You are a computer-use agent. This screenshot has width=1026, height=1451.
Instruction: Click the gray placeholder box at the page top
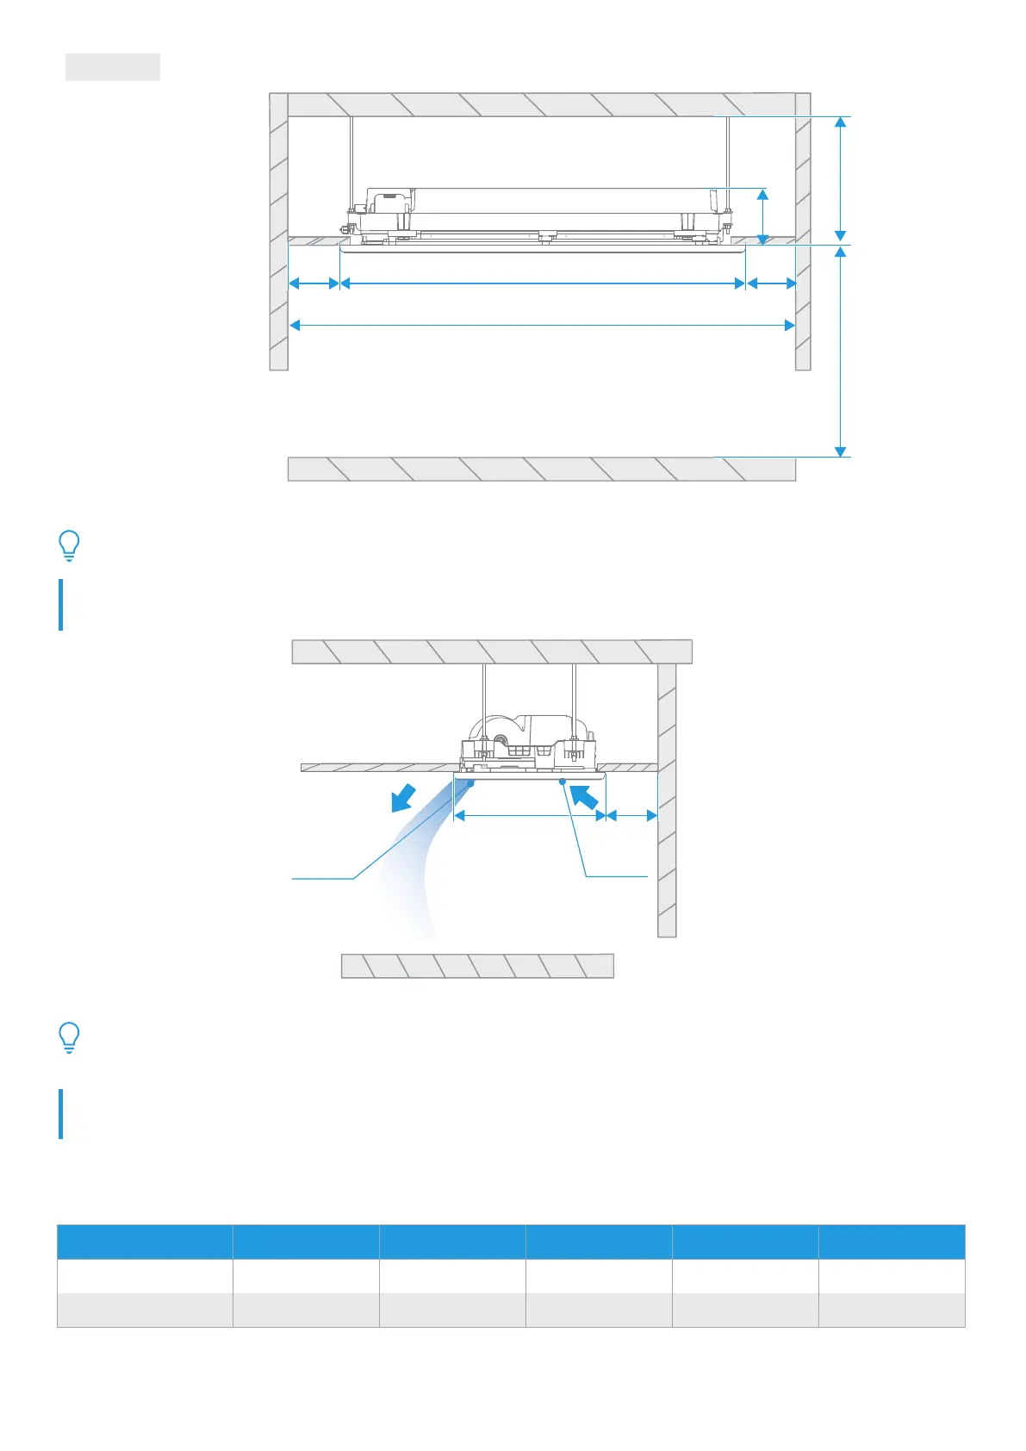113,67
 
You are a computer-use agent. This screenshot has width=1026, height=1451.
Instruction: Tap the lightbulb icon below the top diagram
69,545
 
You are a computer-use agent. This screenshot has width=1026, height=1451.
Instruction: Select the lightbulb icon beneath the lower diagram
69,1037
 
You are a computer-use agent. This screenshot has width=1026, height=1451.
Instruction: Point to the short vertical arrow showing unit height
762,217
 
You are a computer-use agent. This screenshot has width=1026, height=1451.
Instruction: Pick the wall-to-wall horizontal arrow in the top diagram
542,325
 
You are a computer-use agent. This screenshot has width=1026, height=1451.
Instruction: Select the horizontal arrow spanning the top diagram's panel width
543,283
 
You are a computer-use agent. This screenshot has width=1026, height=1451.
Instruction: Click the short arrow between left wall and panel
314,283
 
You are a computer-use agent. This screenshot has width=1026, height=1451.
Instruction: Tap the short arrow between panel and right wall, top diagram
771,283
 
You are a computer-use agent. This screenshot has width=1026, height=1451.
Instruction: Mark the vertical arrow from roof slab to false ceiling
841,178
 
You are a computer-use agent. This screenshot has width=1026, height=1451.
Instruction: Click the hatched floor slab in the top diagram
541,469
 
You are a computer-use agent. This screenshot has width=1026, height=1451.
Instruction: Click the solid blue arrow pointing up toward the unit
585,795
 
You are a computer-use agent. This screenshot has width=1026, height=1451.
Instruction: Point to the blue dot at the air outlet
471,782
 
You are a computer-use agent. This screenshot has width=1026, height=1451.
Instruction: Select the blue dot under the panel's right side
562,782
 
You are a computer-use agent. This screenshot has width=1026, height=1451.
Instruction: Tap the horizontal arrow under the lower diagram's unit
530,815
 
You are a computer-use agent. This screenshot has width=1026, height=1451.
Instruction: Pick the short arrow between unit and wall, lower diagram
632,815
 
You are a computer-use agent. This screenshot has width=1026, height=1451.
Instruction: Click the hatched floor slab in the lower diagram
477,966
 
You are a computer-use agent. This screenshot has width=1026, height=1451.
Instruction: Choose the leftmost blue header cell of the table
145,1242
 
